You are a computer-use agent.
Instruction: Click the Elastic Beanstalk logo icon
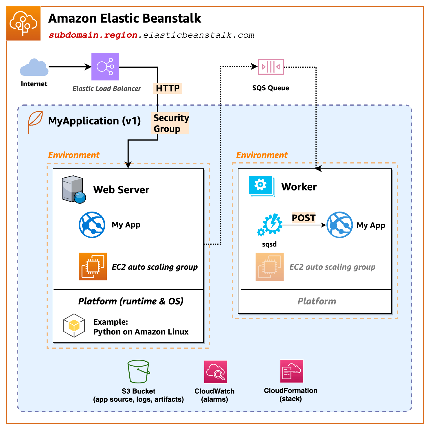coord(23,23)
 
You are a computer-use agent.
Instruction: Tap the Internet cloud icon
coord(34,68)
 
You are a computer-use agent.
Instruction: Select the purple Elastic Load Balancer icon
coord(105,67)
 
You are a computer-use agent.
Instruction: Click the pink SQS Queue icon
coord(271,67)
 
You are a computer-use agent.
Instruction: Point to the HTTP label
coord(168,88)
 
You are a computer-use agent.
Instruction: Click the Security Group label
coord(170,123)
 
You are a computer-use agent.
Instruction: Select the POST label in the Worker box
coord(303,218)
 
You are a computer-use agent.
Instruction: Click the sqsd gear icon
coord(270,225)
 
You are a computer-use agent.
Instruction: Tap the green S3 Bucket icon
coord(138,372)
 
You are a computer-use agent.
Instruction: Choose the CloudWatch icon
coord(215,372)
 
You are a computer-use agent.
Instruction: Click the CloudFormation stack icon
coord(291,371)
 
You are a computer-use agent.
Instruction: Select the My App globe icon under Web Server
coord(92,225)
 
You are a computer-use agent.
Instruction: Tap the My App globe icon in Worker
coord(339,225)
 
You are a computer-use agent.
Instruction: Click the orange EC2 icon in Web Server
coord(93,267)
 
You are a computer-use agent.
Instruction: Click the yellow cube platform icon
coord(74,326)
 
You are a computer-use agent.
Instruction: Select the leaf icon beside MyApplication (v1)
coord(35,122)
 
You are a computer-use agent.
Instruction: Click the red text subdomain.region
coord(93,35)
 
